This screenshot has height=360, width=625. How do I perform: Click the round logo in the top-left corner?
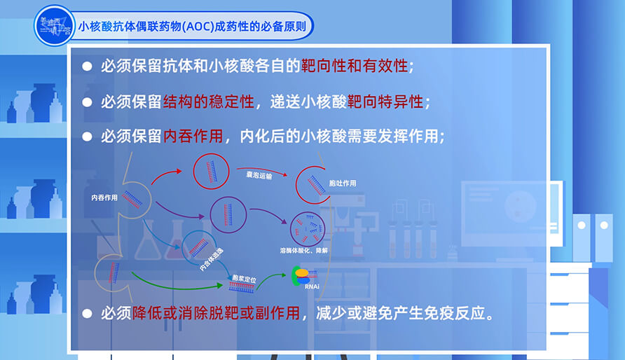54,26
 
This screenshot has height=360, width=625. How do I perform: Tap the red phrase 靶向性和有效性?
354,67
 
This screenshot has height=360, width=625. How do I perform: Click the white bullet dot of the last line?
87,313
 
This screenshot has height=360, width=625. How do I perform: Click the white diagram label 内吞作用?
104,198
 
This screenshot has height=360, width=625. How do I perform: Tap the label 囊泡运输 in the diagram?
259,175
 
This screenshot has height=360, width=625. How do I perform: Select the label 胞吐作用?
342,184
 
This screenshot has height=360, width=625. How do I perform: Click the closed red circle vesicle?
211,170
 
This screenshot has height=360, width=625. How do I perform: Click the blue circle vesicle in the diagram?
199,246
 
